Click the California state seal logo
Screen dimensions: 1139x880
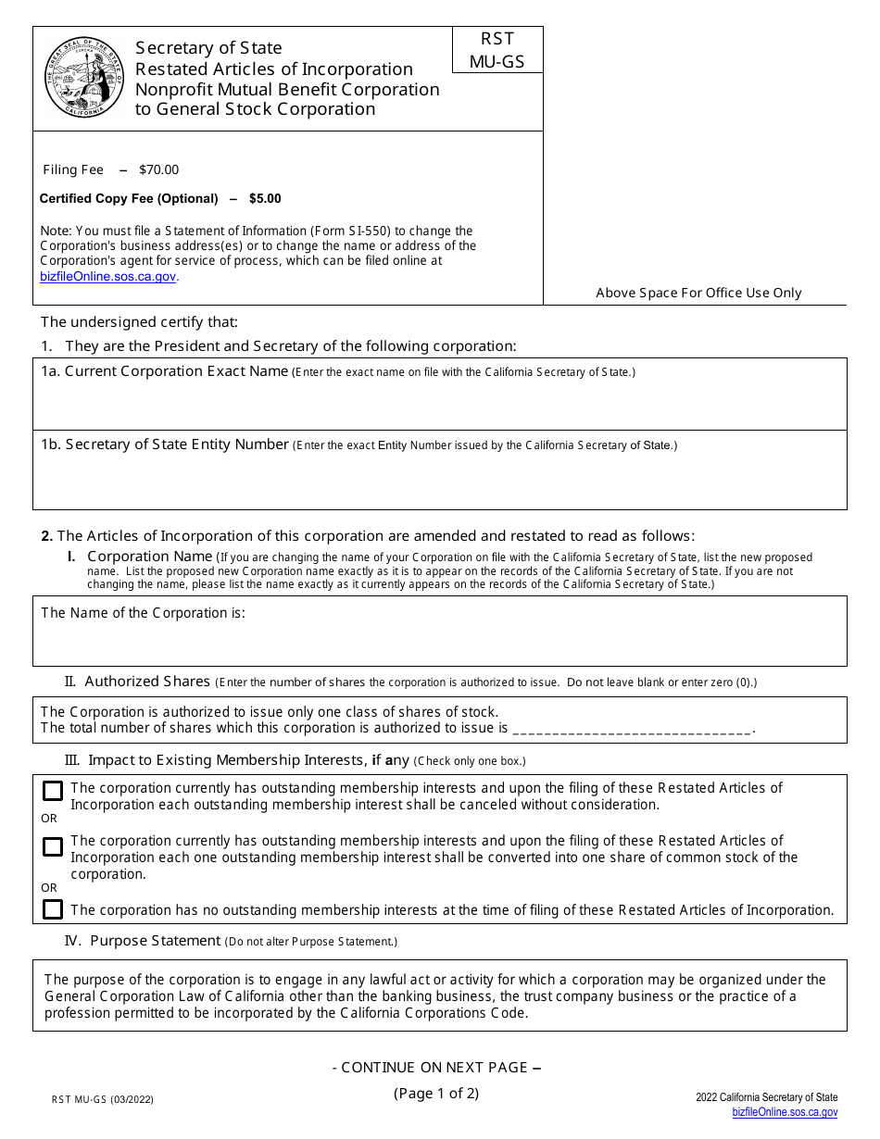click(x=84, y=79)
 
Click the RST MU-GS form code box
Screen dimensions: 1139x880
click(x=497, y=50)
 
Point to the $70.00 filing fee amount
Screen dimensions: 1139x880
click(x=158, y=169)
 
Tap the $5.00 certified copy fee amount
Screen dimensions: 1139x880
click(x=265, y=198)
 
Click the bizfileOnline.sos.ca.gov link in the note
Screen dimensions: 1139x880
click(x=108, y=276)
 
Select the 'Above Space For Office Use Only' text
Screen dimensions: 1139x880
click(x=698, y=293)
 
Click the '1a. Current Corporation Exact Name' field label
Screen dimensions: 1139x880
click(x=164, y=371)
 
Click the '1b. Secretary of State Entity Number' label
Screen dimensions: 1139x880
click(x=165, y=444)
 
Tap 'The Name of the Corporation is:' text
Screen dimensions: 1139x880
click(x=143, y=613)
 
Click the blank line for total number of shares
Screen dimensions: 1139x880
click(x=631, y=729)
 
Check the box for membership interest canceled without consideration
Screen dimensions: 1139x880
click(x=53, y=791)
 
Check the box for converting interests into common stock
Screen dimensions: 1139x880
click(x=53, y=846)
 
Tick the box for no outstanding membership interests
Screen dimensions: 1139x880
click(x=53, y=909)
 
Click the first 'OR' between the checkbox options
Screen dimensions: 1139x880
click(x=48, y=819)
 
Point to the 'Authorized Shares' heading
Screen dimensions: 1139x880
click(x=147, y=682)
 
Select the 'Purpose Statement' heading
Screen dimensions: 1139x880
click(x=155, y=941)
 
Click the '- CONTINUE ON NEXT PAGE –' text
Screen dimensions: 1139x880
click(x=436, y=1068)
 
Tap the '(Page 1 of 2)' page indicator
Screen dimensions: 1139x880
click(x=436, y=1093)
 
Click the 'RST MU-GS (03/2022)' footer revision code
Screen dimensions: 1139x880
click(x=103, y=1100)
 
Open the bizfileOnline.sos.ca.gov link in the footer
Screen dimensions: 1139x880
click(x=785, y=1112)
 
